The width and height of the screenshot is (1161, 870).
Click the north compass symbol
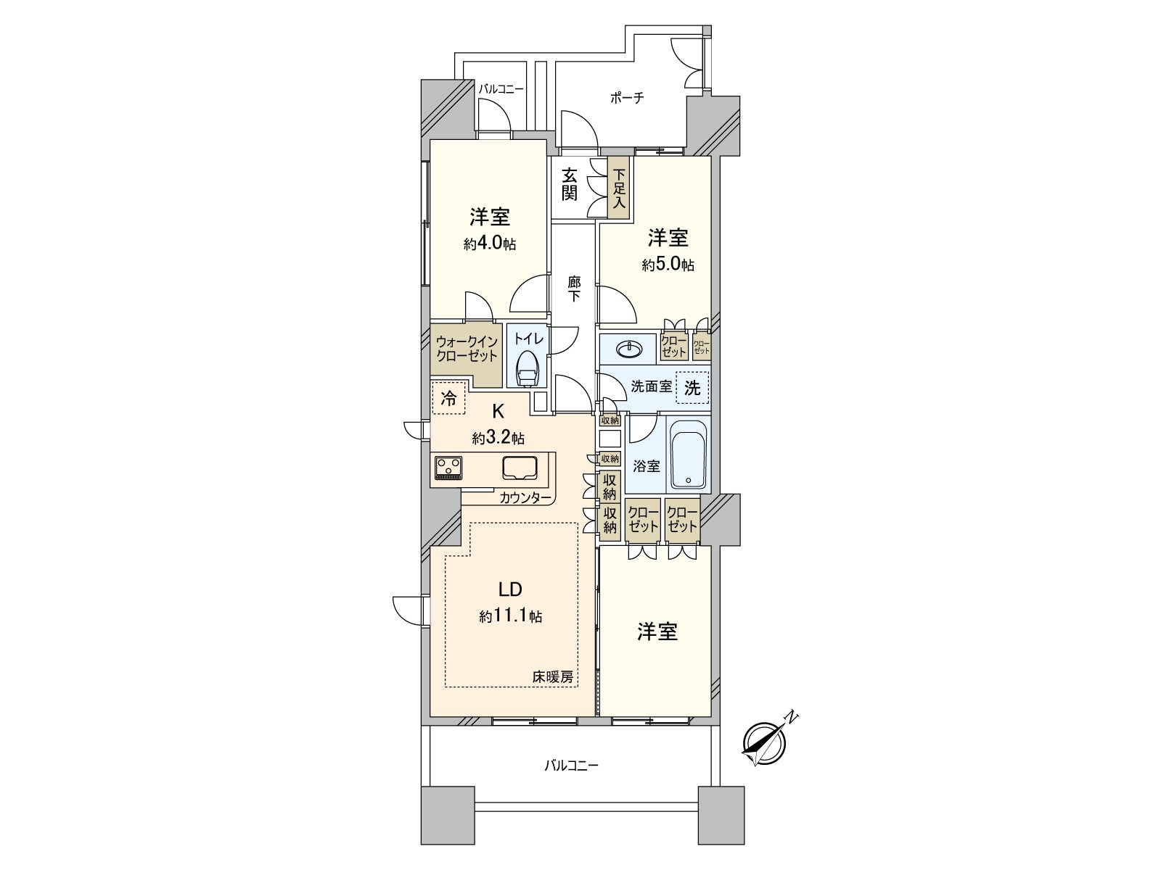[766, 742]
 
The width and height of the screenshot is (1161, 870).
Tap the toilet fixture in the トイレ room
[528, 370]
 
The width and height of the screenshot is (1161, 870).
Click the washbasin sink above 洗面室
[629, 349]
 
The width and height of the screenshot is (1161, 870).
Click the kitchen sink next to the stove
[520, 468]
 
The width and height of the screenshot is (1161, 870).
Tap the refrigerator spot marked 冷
[448, 398]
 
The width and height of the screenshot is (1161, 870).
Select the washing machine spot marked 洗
[692, 389]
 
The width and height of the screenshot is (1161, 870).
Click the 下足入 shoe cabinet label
[619, 188]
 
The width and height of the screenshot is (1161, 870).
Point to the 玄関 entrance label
[569, 184]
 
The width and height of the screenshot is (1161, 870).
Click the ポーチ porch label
[627, 97]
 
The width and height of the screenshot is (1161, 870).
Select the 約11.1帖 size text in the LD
[510, 616]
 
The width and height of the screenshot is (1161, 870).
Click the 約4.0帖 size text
[490, 244]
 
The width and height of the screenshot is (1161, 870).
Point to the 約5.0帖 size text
[668, 265]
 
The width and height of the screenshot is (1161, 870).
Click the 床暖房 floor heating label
[553, 677]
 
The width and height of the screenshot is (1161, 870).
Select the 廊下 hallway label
[574, 289]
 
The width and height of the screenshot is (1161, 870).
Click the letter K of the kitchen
[499, 410]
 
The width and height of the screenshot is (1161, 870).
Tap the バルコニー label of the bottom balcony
[572, 765]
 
